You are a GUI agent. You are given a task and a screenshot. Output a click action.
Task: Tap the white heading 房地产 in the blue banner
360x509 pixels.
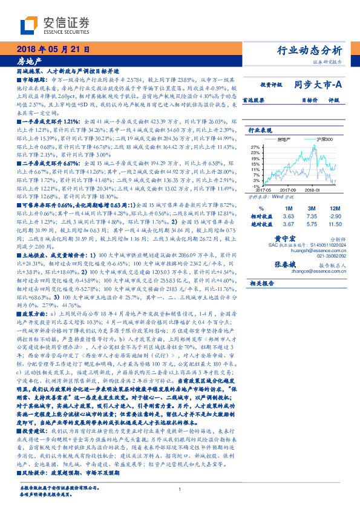(x=30, y=61)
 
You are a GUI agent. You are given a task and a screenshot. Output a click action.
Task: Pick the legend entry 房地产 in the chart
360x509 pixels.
(x=283, y=139)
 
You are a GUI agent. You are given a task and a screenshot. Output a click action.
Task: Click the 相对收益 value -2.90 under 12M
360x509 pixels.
(x=335, y=216)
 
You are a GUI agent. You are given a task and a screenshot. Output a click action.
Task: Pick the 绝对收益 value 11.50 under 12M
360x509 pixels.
(x=335, y=224)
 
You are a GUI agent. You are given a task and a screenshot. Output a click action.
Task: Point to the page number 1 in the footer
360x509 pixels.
(x=180, y=489)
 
